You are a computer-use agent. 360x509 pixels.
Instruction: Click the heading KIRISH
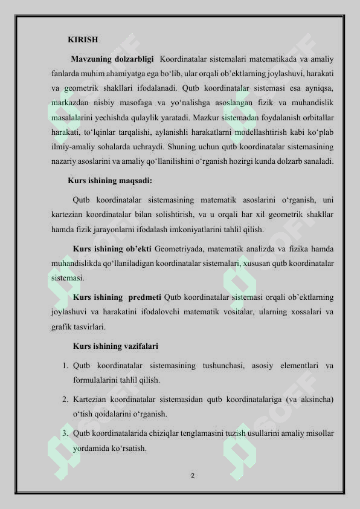[83, 40]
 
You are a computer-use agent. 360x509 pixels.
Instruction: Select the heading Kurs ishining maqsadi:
[110, 180]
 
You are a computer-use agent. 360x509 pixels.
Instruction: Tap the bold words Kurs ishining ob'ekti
[112, 248]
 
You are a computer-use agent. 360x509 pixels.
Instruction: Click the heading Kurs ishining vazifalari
[115, 346]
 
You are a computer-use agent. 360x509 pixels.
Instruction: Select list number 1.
[64, 366]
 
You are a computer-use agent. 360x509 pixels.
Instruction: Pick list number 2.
[64, 400]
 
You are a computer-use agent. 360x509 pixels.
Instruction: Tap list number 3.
[64, 433]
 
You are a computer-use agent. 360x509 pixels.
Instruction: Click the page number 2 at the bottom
[192, 476]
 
